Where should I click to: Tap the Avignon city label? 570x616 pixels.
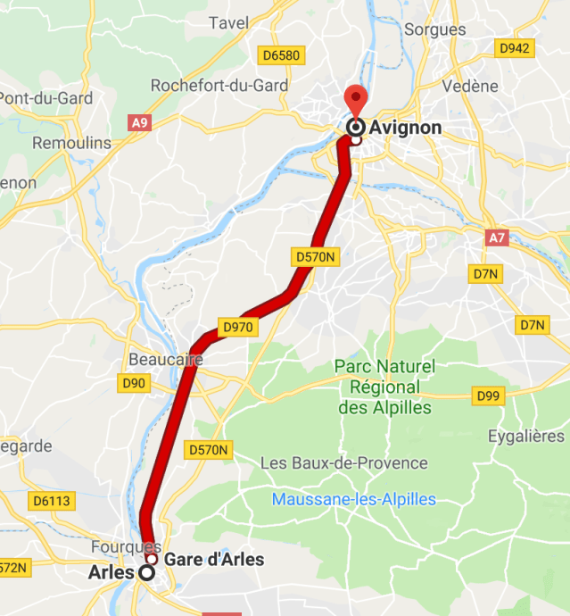[405, 128]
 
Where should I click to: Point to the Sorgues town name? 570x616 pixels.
[435, 29]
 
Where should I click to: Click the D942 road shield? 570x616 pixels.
[516, 48]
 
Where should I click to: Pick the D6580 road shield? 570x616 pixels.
[281, 55]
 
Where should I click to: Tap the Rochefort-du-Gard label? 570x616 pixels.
[219, 85]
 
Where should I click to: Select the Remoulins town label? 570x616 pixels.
[71, 143]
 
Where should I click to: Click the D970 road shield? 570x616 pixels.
[238, 328]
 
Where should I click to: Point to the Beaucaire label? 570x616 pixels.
[165, 360]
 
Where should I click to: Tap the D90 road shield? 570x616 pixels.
[134, 384]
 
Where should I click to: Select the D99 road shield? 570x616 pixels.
[488, 395]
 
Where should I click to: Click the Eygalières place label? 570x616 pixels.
[526, 437]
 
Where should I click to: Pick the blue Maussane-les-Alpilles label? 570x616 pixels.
[354, 499]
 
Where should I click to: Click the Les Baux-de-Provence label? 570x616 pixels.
[343, 463]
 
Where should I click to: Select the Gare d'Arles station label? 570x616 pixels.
[214, 560]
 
